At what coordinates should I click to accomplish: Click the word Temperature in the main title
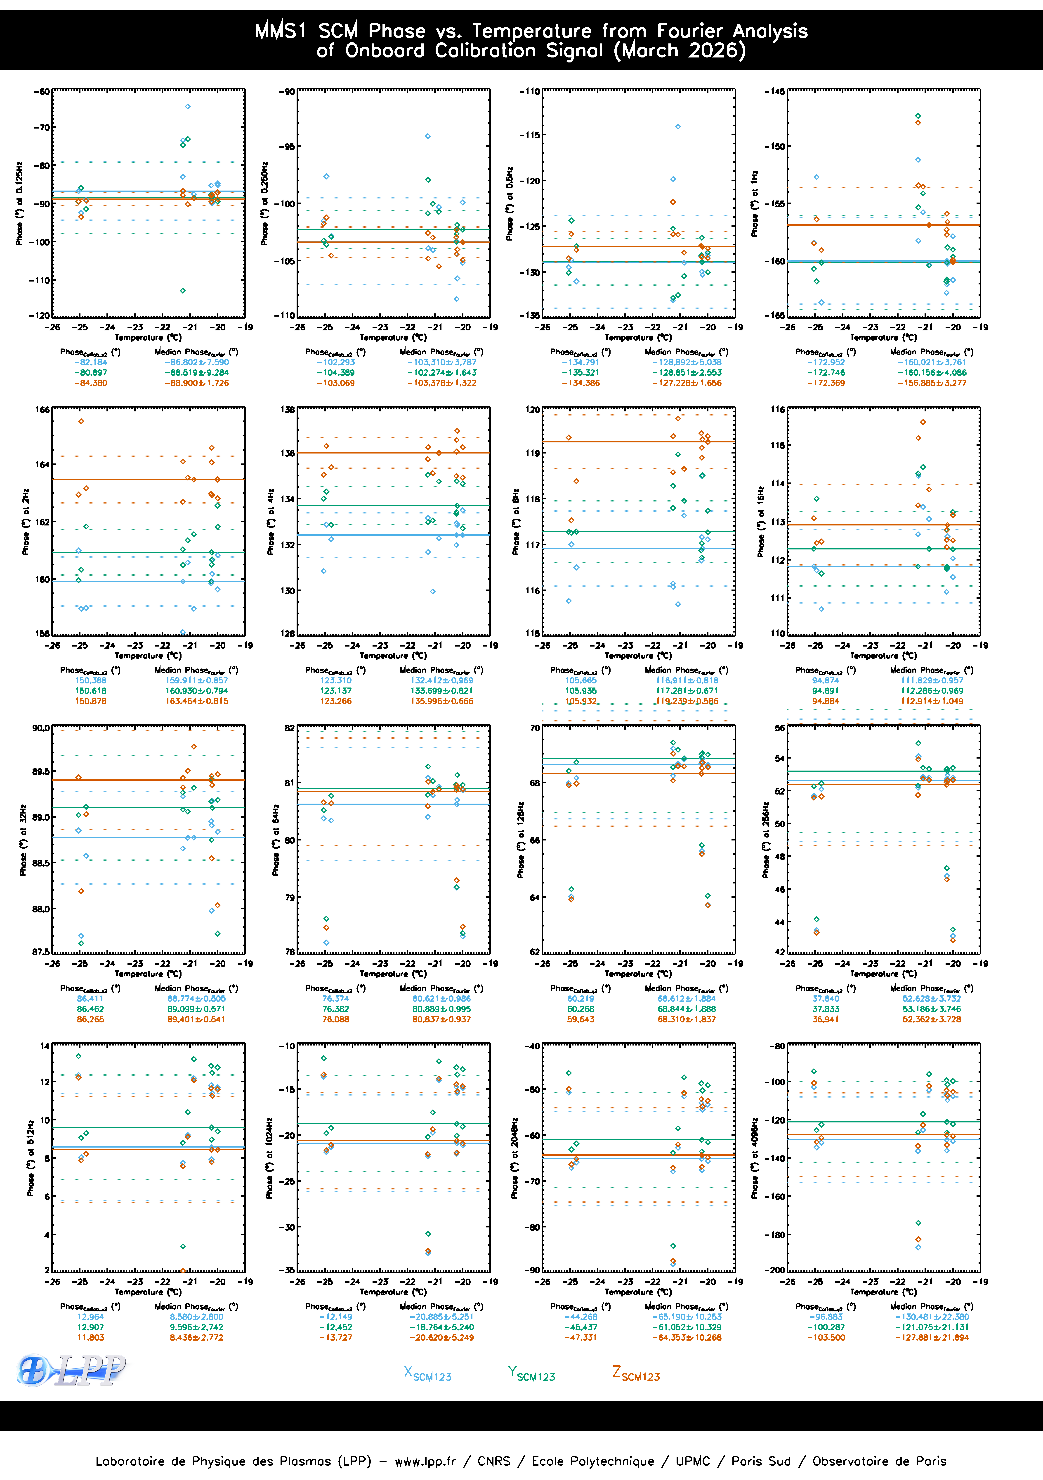point(531,31)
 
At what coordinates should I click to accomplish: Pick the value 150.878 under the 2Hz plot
point(91,701)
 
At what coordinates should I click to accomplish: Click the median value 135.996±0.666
point(442,701)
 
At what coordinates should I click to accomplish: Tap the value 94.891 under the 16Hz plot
point(825,691)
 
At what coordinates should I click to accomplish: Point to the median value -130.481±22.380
point(932,1317)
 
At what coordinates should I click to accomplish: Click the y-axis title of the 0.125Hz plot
point(19,204)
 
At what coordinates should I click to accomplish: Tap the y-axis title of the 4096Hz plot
point(754,1158)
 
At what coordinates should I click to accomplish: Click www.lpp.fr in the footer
point(425,1461)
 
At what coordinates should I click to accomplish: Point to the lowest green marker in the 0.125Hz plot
point(183,291)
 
